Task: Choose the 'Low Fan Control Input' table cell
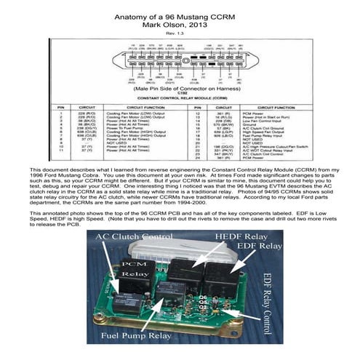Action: [x=258, y=121]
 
